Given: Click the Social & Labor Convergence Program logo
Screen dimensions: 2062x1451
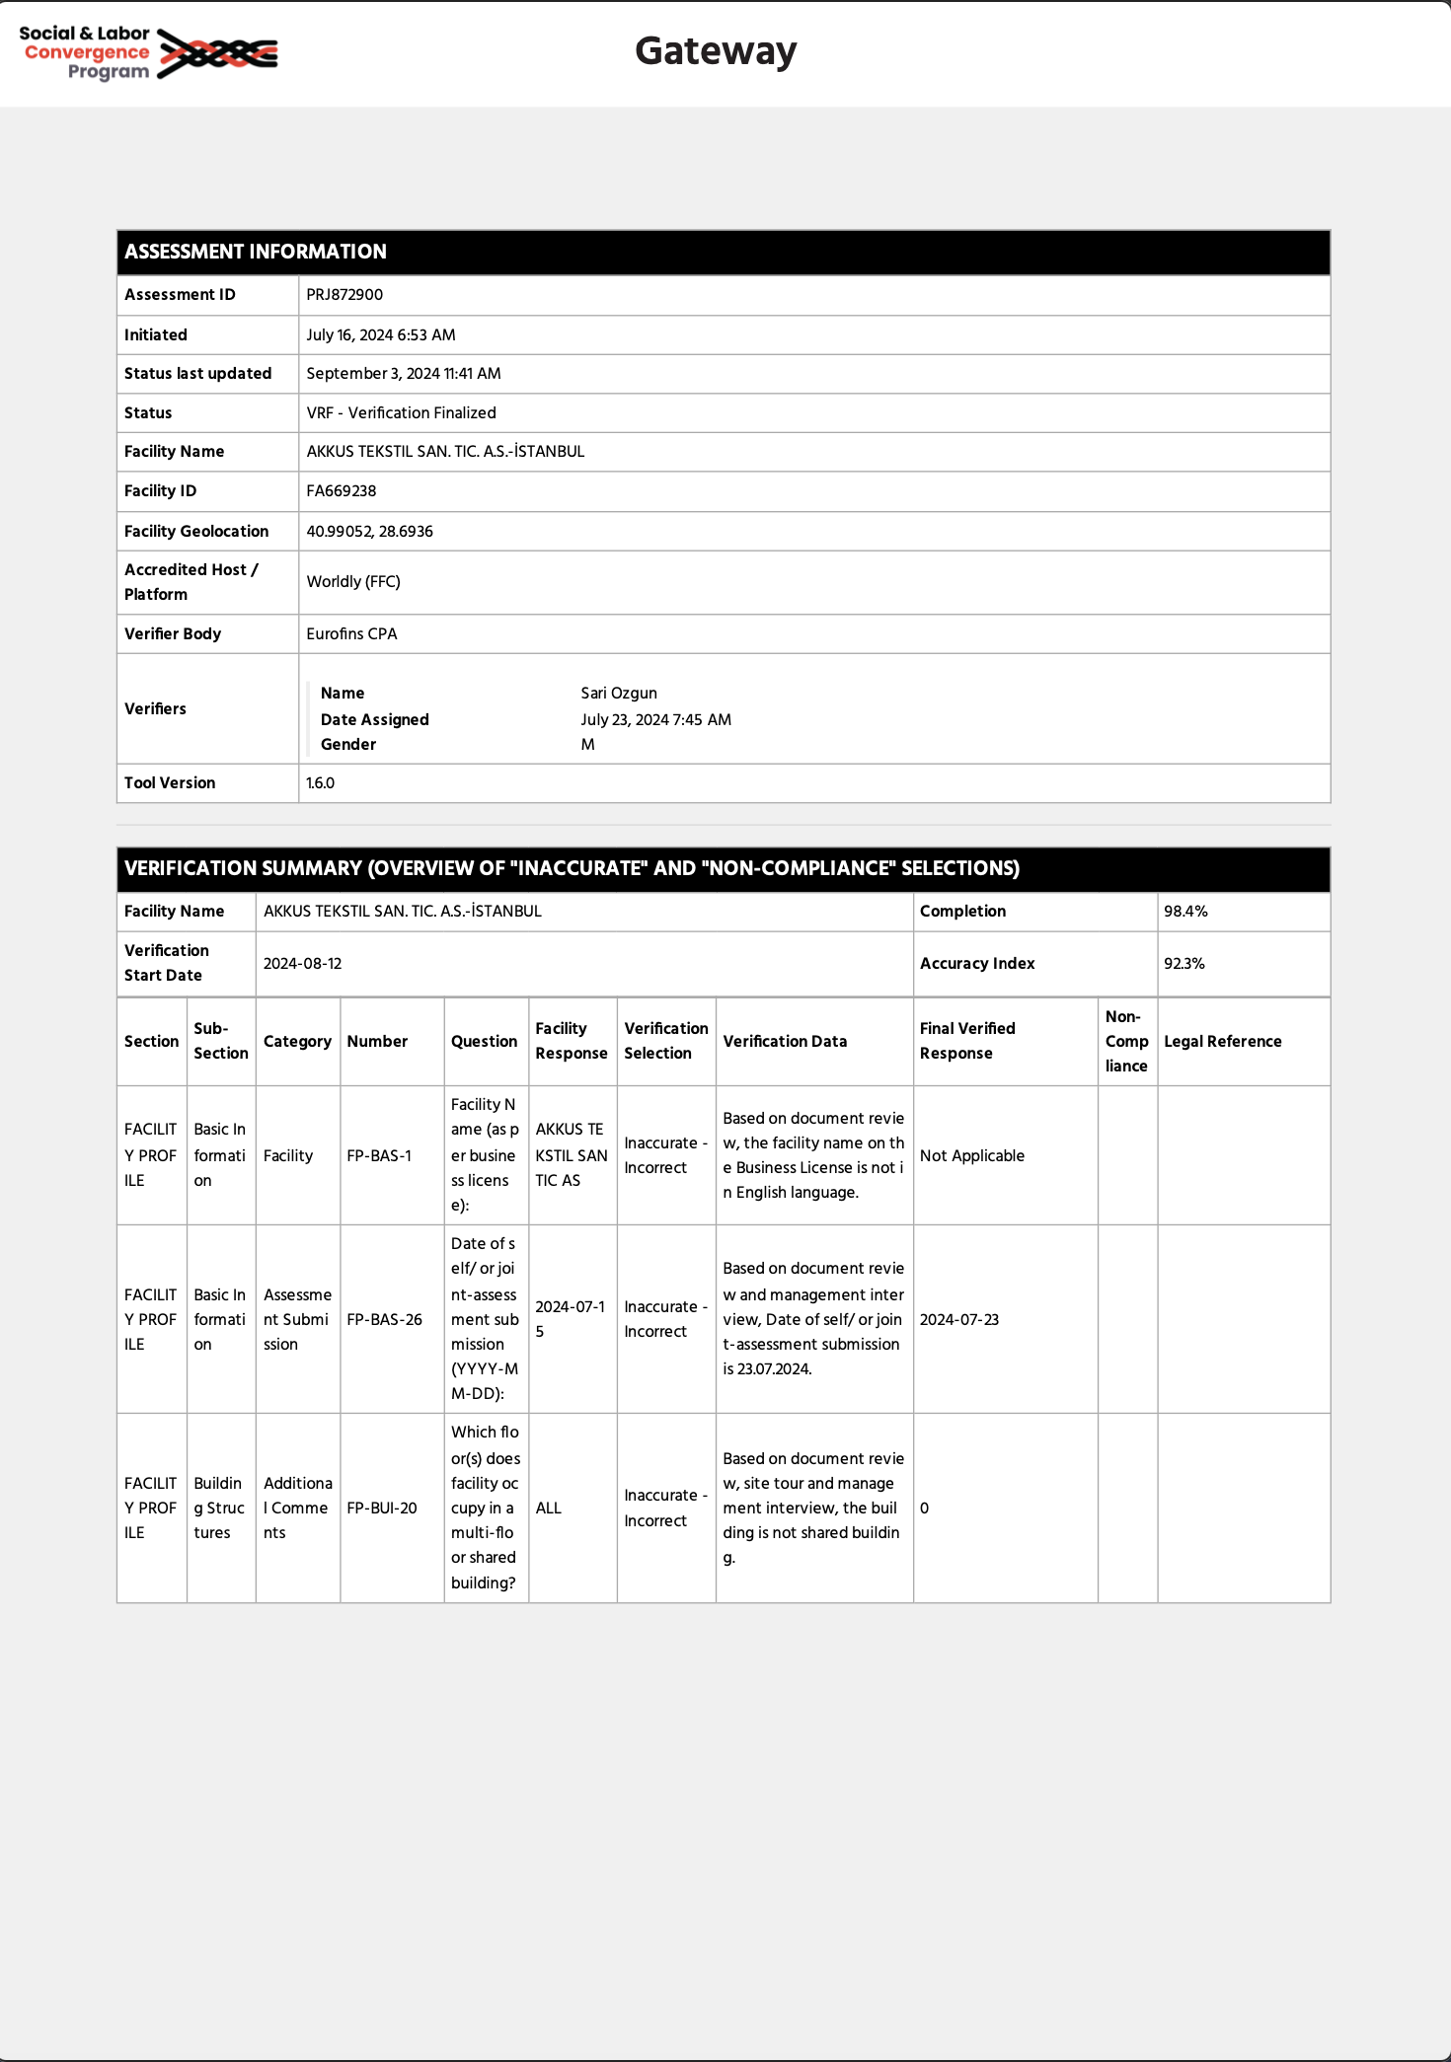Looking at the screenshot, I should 149,52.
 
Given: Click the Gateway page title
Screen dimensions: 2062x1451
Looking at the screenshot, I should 716,51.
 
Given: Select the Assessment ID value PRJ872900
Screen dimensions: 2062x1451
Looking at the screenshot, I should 344,295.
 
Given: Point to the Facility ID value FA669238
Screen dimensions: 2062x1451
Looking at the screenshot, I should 342,491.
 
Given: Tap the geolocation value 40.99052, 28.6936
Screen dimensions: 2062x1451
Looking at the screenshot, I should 370,532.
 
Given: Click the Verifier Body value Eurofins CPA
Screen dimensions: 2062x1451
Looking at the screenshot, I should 351,634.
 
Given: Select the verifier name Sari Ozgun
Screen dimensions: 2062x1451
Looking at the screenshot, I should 619,694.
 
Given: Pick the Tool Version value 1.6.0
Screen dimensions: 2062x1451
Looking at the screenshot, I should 321,783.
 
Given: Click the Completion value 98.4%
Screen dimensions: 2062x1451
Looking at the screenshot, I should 1185,912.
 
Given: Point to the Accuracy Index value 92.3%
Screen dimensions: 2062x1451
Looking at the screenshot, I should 1184,964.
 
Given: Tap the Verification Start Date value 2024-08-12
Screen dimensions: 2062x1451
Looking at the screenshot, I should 302,964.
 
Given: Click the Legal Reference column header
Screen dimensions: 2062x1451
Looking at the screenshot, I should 1223,1042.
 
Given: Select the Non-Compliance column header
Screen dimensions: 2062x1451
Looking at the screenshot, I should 1126,1042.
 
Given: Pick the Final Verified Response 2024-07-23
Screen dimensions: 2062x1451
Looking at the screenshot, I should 959,1320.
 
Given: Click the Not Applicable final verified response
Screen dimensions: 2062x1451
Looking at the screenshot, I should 972,1156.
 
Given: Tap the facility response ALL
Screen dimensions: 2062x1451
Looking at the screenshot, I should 549,1509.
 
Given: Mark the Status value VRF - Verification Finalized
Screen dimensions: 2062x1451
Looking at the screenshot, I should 402,413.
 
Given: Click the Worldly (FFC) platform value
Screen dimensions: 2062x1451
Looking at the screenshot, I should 353,582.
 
